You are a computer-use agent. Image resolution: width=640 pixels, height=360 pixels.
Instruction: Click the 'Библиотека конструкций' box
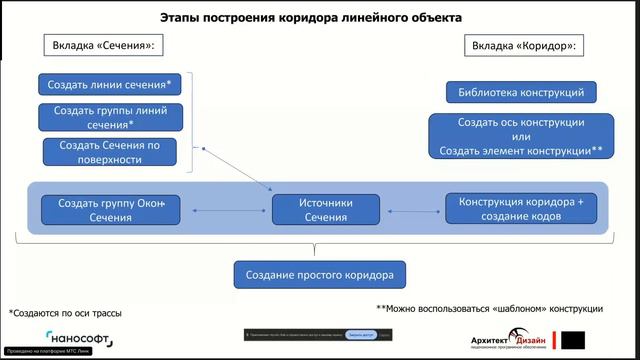coord(521,93)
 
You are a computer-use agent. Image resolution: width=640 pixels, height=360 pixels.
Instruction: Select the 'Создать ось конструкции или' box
coord(520,136)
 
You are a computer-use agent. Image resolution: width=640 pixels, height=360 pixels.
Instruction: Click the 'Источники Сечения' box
coord(327,209)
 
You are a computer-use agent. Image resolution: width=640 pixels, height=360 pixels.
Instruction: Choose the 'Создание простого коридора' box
coord(327,274)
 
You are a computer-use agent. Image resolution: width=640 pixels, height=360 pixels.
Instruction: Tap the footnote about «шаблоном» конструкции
coord(489,307)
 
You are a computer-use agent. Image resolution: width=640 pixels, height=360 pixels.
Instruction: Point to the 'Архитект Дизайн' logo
coord(508,339)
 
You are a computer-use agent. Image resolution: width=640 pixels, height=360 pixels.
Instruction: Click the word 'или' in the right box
coord(519,136)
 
